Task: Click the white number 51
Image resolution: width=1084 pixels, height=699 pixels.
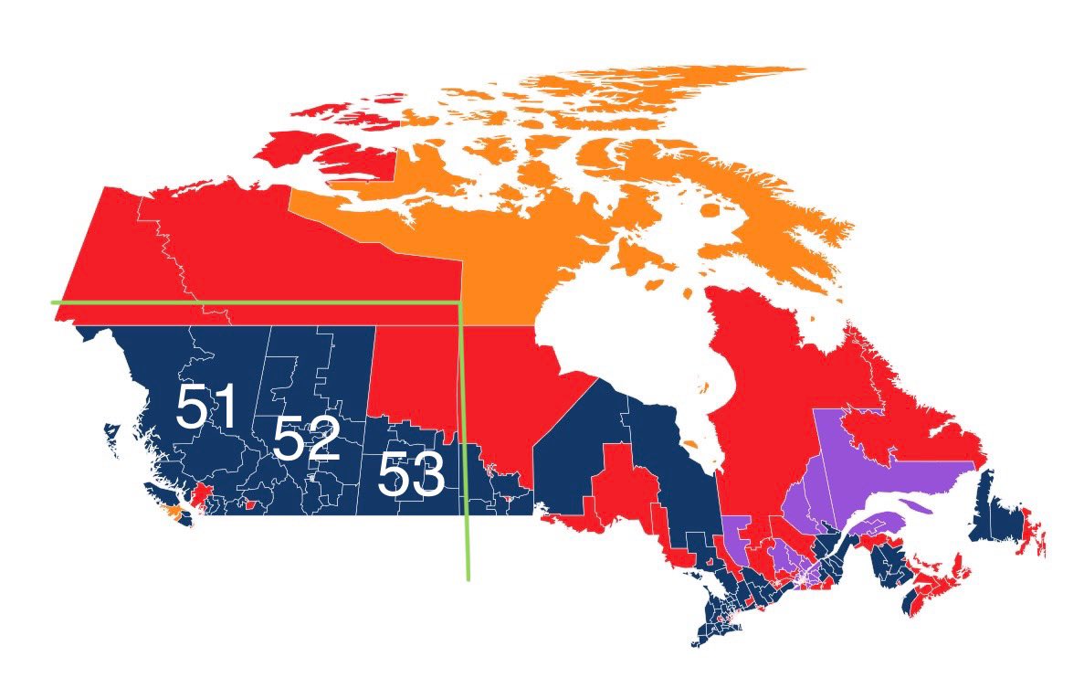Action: tap(206, 407)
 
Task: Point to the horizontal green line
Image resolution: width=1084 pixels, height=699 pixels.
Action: tap(256, 301)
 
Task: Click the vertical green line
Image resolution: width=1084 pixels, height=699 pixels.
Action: tap(464, 439)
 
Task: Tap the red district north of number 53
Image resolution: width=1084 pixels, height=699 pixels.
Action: tap(411, 375)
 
